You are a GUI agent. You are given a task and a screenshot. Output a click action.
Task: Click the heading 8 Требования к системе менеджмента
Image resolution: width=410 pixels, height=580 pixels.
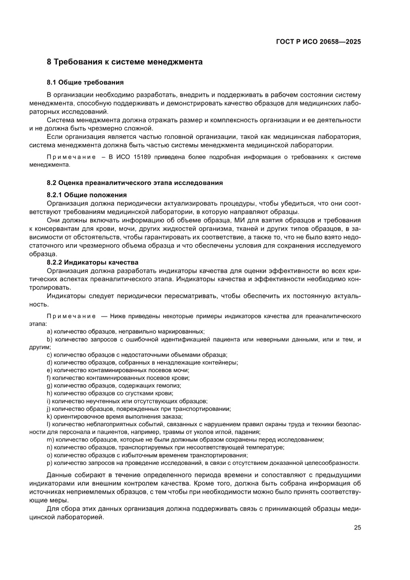(x=124, y=63)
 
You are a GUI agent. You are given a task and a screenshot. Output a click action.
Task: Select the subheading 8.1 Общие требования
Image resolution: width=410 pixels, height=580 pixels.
(x=85, y=82)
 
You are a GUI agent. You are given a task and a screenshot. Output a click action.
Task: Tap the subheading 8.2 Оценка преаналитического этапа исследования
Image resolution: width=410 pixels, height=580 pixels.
(x=134, y=183)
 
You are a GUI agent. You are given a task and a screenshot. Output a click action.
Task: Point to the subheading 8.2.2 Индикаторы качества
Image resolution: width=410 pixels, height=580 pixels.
(x=92, y=262)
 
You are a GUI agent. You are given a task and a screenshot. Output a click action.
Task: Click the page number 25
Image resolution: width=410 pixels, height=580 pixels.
(x=357, y=527)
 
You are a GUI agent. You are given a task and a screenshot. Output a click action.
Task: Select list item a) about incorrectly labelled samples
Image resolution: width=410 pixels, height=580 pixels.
(x=126, y=331)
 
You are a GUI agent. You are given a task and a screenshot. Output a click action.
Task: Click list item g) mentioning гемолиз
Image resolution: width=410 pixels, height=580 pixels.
(x=114, y=386)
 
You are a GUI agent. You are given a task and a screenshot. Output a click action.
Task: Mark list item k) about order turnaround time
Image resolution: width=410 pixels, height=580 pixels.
(x=115, y=416)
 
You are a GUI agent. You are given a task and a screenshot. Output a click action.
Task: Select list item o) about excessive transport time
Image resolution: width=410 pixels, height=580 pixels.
(x=147, y=455)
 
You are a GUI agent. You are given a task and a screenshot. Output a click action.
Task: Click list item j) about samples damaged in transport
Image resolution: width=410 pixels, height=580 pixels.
(x=139, y=409)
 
